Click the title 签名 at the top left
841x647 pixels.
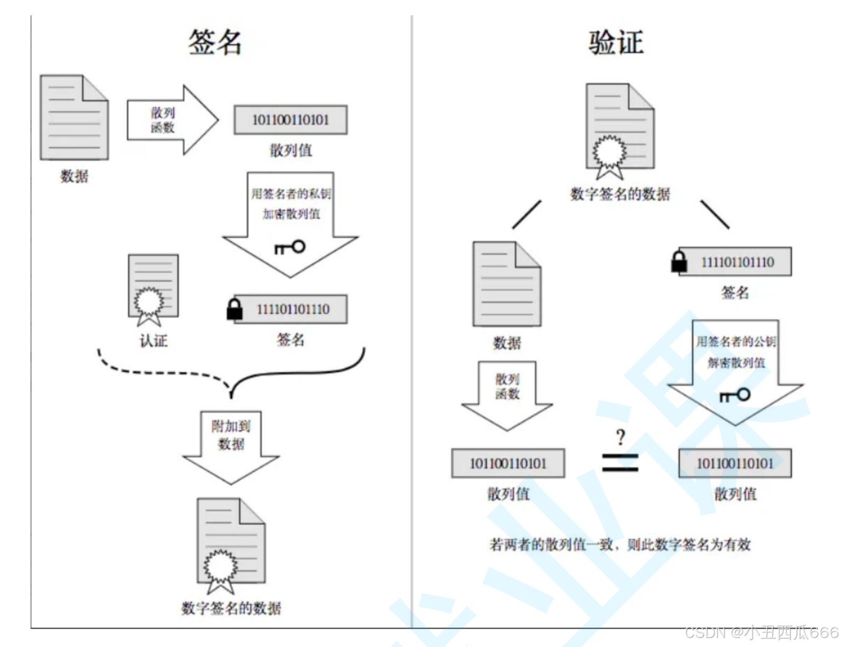point(215,42)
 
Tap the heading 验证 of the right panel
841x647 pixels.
point(616,42)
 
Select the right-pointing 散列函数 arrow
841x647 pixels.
point(172,120)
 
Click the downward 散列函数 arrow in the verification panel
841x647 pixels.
point(507,394)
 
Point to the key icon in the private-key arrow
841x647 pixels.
point(290,247)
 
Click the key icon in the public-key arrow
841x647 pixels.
point(735,395)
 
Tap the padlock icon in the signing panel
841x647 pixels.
point(234,310)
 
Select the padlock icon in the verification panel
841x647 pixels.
point(679,262)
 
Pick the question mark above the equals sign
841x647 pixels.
point(621,437)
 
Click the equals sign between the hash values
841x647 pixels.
point(620,463)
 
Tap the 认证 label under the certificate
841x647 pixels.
point(153,341)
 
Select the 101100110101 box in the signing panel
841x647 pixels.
point(290,120)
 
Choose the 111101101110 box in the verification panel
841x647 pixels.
point(736,262)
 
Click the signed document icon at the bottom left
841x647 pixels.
point(231,544)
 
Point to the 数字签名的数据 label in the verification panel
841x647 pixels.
point(620,194)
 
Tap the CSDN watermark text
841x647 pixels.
point(761,632)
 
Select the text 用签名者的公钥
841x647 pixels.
point(735,341)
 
